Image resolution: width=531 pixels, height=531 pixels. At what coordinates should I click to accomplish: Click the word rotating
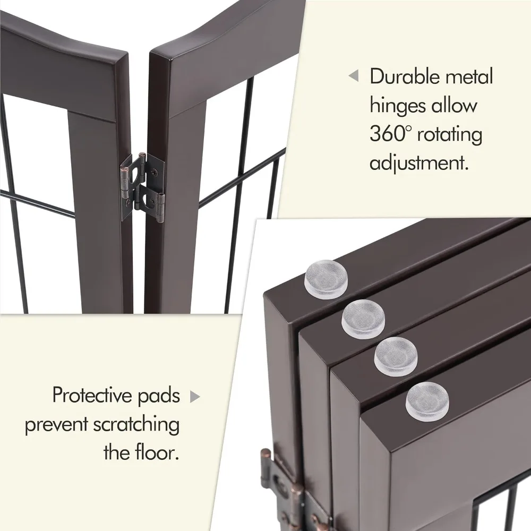click(x=450, y=135)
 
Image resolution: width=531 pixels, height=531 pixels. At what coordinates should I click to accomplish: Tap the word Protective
click(x=93, y=395)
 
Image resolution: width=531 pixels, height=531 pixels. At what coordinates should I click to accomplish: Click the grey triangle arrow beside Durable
click(x=353, y=76)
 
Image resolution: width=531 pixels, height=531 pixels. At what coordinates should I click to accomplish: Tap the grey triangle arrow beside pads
click(x=195, y=397)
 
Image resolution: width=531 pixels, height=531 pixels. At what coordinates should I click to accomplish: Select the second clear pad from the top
click(x=363, y=318)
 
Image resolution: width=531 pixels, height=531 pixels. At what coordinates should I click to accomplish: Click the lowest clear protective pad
click(x=427, y=401)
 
